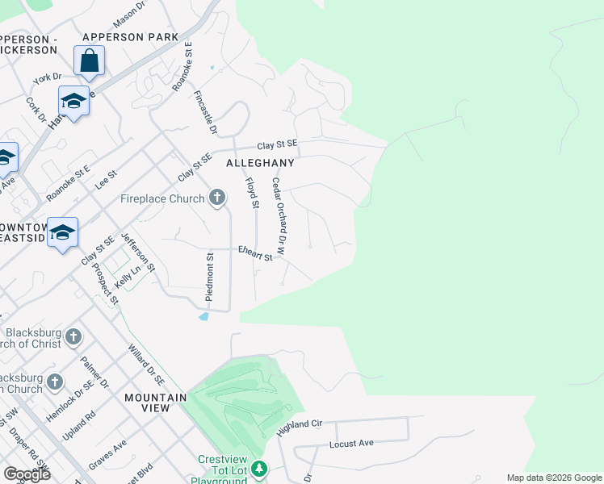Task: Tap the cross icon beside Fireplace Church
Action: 216,198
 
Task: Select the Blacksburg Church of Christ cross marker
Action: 73,336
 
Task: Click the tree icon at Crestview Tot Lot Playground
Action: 258,469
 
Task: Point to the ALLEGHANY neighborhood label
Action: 259,162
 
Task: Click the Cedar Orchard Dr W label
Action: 279,216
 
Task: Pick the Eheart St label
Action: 255,253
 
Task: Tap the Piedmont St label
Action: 209,277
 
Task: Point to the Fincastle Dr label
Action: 205,112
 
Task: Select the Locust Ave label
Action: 351,444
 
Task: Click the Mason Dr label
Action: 128,12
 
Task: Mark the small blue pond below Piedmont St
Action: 203,316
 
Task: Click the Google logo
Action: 27,474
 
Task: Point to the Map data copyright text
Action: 553,478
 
